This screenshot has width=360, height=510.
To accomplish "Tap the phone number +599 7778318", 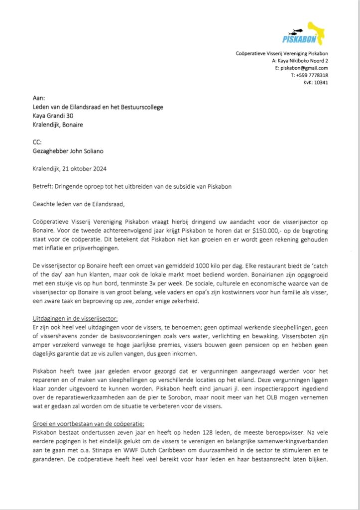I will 309,75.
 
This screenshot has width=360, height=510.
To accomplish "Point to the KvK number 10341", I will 320,82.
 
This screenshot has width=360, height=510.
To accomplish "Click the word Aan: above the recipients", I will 38,98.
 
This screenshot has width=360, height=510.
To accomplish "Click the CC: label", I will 37,142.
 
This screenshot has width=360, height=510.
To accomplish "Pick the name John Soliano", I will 91,151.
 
